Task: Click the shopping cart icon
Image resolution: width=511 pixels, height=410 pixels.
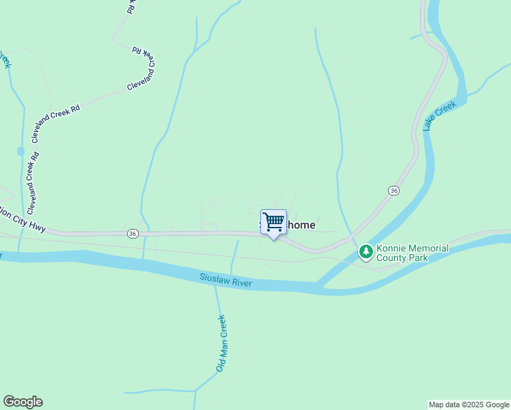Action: [x=273, y=221]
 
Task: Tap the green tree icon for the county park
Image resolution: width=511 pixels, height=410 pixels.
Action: [x=366, y=253]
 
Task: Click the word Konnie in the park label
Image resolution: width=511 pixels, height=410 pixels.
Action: [x=391, y=248]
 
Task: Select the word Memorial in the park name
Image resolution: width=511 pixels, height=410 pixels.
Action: [x=428, y=248]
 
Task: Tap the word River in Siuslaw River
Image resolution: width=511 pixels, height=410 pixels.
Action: [x=241, y=282]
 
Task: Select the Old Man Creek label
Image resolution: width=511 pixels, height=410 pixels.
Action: [x=221, y=343]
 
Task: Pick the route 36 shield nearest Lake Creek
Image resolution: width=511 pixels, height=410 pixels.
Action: [x=393, y=191]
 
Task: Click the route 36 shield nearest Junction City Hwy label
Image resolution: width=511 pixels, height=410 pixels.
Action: [x=133, y=233]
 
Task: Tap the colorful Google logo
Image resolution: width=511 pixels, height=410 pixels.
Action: [x=23, y=402]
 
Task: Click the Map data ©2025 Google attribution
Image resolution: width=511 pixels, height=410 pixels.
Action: [x=469, y=405]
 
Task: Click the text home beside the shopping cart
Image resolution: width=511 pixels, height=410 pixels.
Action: [x=301, y=224]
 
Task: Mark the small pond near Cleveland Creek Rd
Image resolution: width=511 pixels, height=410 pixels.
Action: [x=20, y=151]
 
